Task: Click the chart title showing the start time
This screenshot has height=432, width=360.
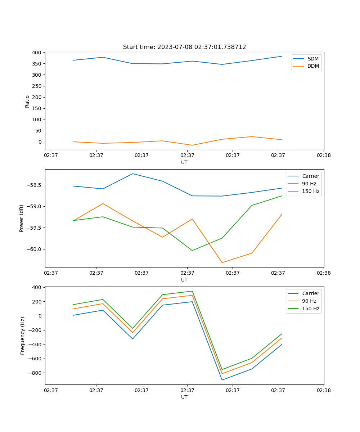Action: pos(184,47)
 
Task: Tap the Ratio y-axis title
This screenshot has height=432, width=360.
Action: pos(27,102)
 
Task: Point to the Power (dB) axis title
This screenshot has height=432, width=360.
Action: pos(22,219)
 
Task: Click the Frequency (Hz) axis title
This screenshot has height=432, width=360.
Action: pos(22,336)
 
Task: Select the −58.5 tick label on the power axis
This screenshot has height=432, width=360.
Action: pos(33,185)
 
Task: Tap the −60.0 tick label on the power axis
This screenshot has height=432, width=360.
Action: pos(33,249)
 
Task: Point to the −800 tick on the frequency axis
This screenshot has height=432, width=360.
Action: pos(35,373)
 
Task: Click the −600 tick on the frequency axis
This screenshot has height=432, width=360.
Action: pos(35,359)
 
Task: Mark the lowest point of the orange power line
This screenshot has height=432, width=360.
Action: pos(222,262)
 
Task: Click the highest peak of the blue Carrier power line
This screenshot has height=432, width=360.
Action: pos(132,174)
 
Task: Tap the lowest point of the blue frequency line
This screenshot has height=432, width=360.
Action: pos(222,380)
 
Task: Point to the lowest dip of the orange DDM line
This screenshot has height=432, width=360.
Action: pos(192,145)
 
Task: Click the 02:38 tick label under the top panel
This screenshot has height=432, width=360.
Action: pos(323,155)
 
